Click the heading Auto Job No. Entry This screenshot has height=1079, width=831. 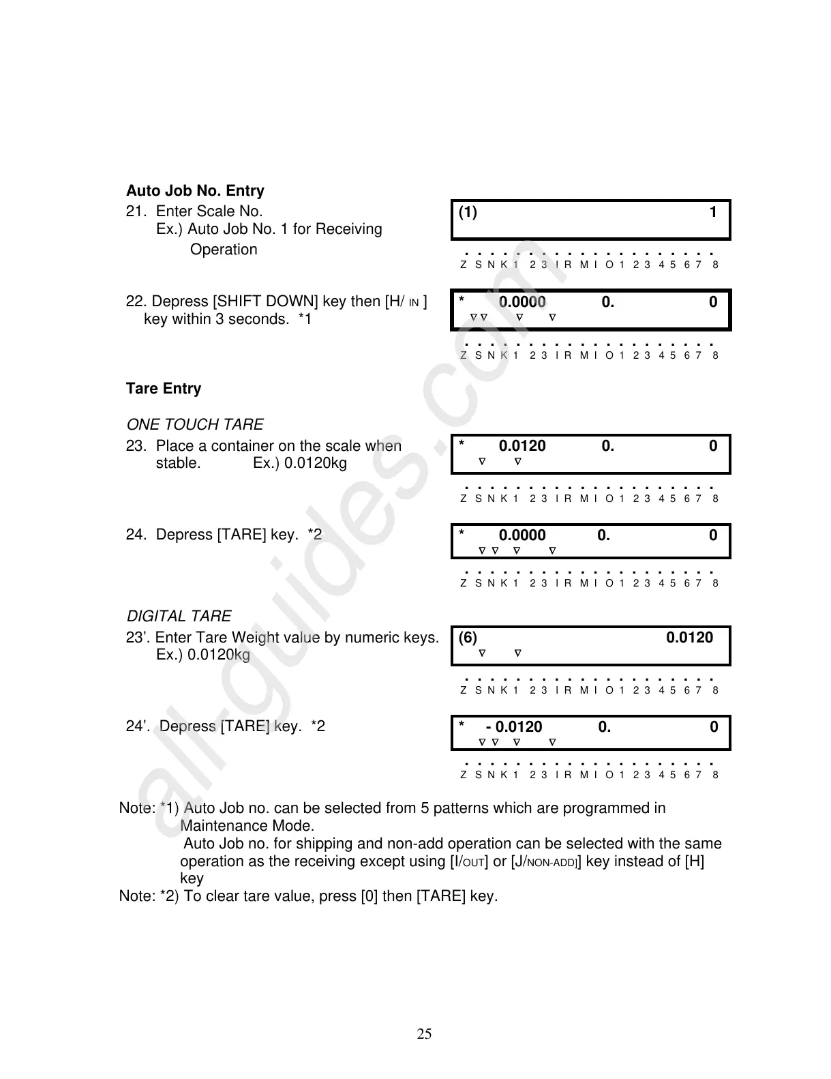(x=195, y=191)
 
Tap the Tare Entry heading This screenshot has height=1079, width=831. (x=164, y=389)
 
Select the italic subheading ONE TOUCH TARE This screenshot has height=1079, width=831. (x=195, y=425)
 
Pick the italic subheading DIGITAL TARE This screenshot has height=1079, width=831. (x=179, y=617)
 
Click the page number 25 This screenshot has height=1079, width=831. (x=424, y=1034)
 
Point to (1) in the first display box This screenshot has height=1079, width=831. (x=468, y=212)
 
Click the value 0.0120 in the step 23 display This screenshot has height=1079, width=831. (x=522, y=447)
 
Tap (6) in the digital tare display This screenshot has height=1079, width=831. (x=468, y=638)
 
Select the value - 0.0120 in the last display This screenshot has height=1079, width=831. (x=515, y=727)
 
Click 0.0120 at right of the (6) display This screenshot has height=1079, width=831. (x=689, y=638)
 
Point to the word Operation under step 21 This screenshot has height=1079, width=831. (x=224, y=250)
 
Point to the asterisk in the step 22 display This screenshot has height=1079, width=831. (x=462, y=301)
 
